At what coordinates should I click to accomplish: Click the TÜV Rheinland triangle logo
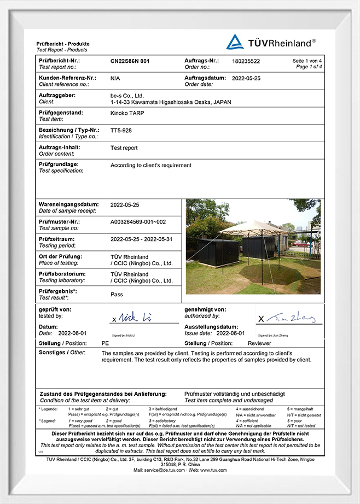coord(235,42)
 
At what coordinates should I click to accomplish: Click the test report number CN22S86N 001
coord(130,61)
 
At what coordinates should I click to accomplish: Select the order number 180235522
coord(246,61)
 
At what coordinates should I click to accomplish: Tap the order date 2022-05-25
coord(246,79)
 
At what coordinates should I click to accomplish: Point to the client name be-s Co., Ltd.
coord(127,96)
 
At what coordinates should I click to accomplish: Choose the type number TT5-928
coord(121,131)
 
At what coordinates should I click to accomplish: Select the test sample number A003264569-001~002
coord(138,222)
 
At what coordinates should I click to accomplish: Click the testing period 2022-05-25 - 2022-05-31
coord(141,239)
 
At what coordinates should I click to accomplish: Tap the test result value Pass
coord(117,295)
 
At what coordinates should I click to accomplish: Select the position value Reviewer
coord(259,343)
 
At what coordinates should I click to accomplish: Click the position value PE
coord(106,343)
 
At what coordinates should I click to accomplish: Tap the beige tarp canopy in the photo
coord(253,227)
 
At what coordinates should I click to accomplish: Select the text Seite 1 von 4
coord(307,61)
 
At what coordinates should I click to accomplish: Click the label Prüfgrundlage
coord(59,164)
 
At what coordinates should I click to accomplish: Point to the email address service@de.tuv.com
coord(167,470)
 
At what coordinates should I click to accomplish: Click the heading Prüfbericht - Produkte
coord(63,44)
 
